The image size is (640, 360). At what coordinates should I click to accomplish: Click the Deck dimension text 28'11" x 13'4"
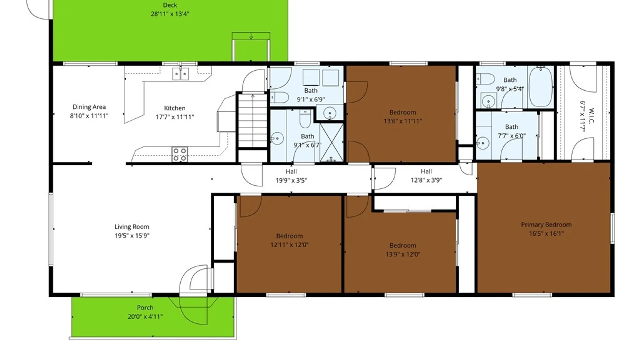point(170,14)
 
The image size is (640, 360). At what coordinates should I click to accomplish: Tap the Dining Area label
point(89,107)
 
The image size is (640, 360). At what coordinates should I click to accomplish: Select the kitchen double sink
point(180,74)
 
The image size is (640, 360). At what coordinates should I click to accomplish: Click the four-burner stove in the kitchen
point(179,154)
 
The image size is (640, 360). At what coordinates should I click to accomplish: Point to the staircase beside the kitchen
point(253,120)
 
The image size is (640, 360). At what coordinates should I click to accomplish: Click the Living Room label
point(132,227)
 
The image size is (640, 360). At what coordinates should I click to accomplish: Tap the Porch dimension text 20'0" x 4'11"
point(145,317)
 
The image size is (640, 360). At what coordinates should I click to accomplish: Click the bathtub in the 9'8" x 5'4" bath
point(540,87)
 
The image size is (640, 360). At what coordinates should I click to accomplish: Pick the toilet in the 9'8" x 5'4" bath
point(485,79)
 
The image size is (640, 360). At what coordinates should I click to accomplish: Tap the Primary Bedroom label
point(546,225)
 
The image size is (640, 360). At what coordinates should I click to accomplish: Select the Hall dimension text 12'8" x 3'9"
point(426,180)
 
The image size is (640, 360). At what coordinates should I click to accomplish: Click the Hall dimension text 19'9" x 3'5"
point(291,181)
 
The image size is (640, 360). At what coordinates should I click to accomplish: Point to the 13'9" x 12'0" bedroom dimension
point(403,255)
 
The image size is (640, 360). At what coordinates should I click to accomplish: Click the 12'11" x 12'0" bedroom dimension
point(289,245)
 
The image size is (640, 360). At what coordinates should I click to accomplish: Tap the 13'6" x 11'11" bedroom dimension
point(403,121)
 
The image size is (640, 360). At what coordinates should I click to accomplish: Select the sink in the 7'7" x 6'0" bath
point(482,143)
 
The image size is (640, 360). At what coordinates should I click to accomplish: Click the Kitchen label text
point(175,108)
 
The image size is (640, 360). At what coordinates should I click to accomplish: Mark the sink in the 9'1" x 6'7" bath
point(277,138)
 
